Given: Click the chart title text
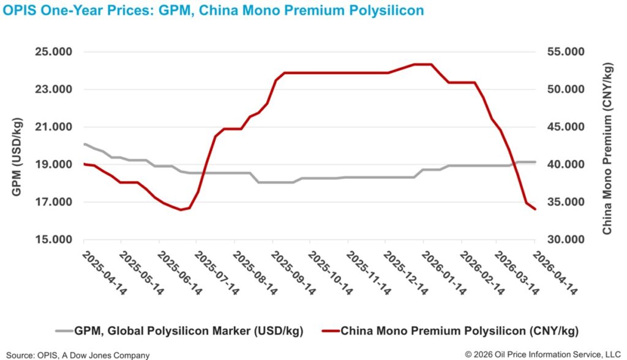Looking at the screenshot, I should tap(213, 11).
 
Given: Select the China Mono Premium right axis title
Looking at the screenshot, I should tap(607, 147).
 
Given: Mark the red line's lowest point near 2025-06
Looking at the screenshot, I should tap(181, 210).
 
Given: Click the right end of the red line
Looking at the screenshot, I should tap(535, 209).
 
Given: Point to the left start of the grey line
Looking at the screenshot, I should tap(84, 144).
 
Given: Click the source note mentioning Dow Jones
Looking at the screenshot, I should tap(78, 354).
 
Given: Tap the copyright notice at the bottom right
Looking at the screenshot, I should tap(542, 354).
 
